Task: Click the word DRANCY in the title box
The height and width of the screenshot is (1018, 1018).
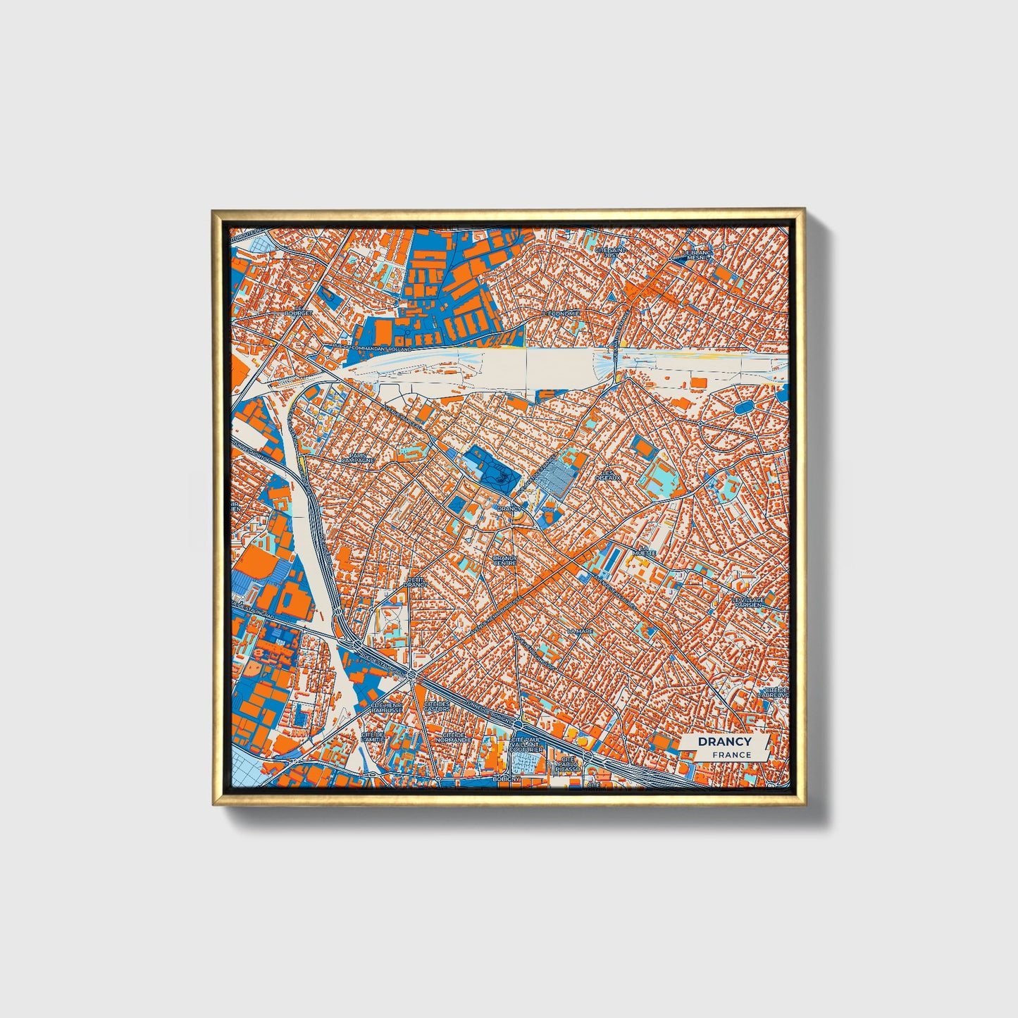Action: click(724, 741)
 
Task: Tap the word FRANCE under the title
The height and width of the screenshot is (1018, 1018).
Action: click(731, 755)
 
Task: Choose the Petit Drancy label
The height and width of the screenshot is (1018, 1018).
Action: click(416, 582)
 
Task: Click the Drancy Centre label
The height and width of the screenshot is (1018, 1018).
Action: click(505, 560)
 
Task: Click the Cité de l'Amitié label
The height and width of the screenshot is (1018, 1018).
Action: click(373, 737)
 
